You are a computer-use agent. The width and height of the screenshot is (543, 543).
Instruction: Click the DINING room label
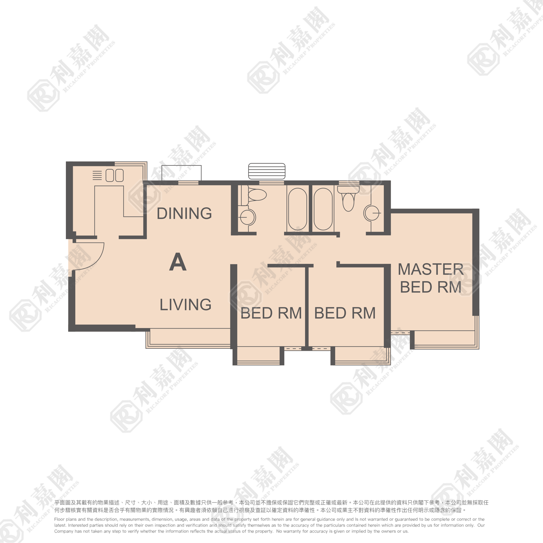184,213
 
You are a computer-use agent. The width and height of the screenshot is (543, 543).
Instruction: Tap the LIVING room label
186,305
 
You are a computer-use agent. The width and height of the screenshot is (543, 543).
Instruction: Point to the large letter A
178,262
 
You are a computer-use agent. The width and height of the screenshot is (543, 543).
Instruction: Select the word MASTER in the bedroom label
431,269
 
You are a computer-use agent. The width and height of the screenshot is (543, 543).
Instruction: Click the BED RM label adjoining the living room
271,313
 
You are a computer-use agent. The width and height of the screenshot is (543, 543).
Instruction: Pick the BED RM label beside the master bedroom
345,313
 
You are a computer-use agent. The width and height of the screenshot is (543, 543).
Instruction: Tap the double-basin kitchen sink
114,175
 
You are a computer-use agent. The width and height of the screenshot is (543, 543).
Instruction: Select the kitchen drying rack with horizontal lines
97,175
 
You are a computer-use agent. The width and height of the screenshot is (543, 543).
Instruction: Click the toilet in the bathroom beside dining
253,195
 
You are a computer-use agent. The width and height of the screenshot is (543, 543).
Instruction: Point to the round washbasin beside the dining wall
247,217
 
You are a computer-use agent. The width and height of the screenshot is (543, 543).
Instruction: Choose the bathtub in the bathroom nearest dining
298,209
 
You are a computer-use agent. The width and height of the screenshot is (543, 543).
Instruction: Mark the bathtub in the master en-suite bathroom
323,209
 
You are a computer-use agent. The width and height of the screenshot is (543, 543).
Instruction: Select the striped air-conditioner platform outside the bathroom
267,171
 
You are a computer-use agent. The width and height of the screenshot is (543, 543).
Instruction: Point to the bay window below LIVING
188,338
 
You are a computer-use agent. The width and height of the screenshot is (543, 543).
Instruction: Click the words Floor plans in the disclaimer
65,519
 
